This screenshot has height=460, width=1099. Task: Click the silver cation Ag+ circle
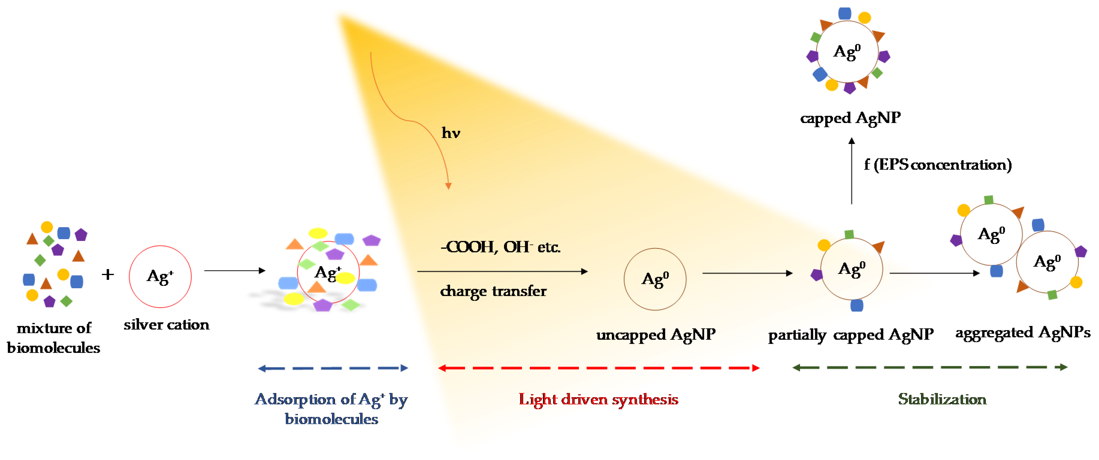pos(160,276)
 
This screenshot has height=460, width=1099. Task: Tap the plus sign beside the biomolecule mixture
pos(108,274)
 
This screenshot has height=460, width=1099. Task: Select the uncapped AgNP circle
pos(655,279)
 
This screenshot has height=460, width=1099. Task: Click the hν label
pos(451,133)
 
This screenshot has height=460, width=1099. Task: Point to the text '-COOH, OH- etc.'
pos(500,247)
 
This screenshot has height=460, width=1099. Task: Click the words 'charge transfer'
pos(493,291)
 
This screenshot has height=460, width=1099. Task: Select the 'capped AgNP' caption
pos(850,118)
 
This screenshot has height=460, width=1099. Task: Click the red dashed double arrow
pos(599,368)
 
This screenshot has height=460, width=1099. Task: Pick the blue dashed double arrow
pos(333,368)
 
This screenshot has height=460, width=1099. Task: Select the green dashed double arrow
pos(930,367)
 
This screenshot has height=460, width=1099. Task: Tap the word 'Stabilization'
pos(942,399)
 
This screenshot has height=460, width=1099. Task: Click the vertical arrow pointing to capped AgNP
pos(852,171)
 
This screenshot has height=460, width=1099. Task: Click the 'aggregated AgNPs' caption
pos(1023,332)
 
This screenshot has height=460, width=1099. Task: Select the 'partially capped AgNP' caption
pos(851,335)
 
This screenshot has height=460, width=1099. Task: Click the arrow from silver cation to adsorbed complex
pos(235,270)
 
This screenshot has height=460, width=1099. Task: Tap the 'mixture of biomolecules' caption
pos(54,338)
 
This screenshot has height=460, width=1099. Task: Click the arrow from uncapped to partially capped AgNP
pos(747,273)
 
